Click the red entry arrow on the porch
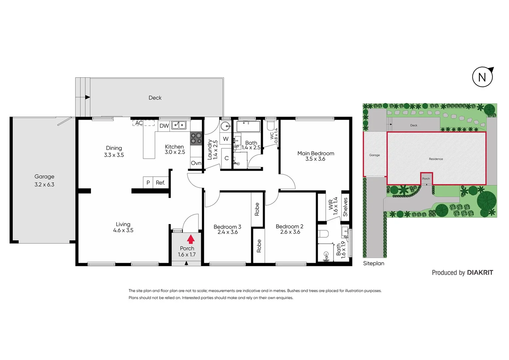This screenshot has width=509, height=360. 191,239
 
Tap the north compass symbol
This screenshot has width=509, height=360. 482,77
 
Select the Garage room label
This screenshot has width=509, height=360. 44,177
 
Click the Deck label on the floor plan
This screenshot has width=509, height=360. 155,98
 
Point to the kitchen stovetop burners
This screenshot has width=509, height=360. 196,138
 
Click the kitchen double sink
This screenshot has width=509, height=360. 179,125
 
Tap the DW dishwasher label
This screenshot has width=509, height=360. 164,126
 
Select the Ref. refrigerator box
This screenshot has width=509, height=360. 161,183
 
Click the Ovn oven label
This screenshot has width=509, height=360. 196,163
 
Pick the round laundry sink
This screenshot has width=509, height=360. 226,126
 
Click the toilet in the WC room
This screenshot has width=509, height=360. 271,125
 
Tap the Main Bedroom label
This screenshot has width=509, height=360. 315,153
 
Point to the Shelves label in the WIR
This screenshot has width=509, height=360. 345,207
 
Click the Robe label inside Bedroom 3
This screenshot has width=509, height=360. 257,209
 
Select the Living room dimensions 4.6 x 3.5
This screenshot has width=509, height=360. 123,230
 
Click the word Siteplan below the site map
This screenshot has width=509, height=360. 373,263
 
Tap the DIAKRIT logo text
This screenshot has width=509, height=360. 480,273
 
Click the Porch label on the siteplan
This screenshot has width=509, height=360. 426,179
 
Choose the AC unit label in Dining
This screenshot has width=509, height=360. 139,123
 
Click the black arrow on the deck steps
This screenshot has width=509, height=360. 88,97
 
